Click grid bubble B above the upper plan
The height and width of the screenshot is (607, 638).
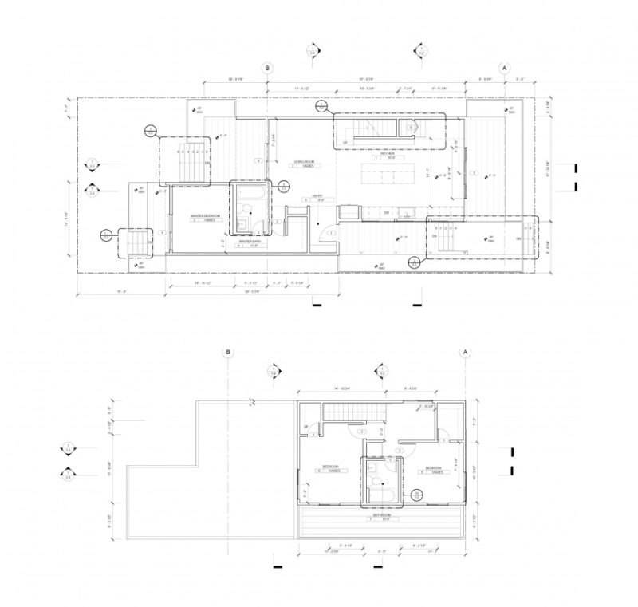pyautogui.click(x=268, y=69)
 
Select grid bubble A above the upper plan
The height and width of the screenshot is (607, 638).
pyautogui.click(x=504, y=69)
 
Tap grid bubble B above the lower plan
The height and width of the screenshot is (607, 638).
pyautogui.click(x=228, y=352)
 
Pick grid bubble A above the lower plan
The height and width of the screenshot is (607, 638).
pyautogui.click(x=464, y=352)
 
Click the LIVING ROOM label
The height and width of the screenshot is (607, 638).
pyautogui.click(x=304, y=163)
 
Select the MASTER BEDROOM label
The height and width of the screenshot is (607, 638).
pyautogui.click(x=205, y=216)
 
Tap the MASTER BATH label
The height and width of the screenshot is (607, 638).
pyautogui.click(x=250, y=241)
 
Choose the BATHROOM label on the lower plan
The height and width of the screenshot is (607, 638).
pyautogui.click(x=382, y=515)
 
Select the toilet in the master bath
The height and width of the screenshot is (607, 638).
pyautogui.click(x=249, y=211)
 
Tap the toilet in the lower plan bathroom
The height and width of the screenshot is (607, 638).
pyautogui.click(x=378, y=483)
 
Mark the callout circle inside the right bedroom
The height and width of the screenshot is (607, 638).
pyautogui.click(x=415, y=495)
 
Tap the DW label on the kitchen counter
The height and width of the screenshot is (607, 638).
pyautogui.click(x=386, y=213)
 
